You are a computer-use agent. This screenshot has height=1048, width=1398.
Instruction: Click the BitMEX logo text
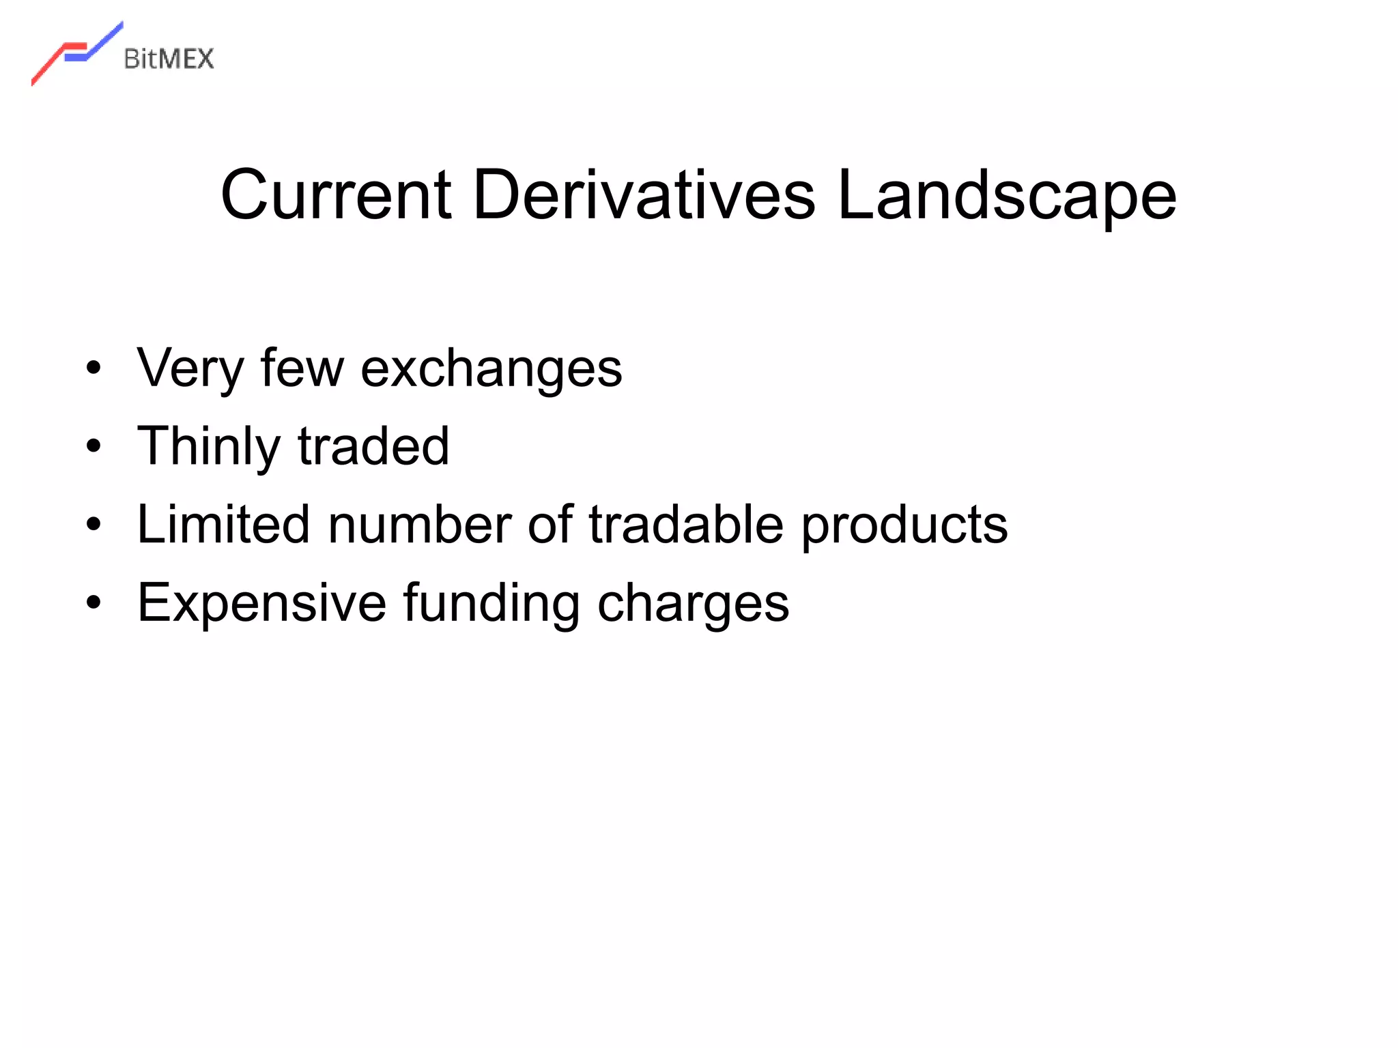point(169,59)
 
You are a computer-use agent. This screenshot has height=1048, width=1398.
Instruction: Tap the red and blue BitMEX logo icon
point(76,53)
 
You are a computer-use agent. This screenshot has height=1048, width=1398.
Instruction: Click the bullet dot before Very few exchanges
point(94,368)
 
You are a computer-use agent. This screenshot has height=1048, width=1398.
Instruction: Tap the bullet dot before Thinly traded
point(94,447)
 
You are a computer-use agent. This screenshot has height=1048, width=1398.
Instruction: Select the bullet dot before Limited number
point(94,525)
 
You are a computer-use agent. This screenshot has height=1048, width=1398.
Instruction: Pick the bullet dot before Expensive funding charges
point(94,603)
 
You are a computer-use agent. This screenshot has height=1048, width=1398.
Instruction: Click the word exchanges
point(491,369)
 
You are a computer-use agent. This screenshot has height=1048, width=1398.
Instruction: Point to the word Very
point(190,369)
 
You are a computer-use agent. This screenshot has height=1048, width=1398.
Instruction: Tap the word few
point(302,369)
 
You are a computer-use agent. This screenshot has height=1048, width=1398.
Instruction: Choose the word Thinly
point(208,447)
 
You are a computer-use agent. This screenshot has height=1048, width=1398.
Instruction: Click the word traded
point(373,447)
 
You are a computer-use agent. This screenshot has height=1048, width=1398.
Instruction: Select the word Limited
point(223,525)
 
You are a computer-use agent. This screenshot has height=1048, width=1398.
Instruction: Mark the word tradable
point(686,525)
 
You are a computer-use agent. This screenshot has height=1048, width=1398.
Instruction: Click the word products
point(904,525)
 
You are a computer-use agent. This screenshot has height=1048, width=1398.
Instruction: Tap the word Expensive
point(262,603)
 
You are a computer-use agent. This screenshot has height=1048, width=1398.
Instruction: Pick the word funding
point(491,603)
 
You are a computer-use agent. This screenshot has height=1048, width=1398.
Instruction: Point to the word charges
point(693,603)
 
